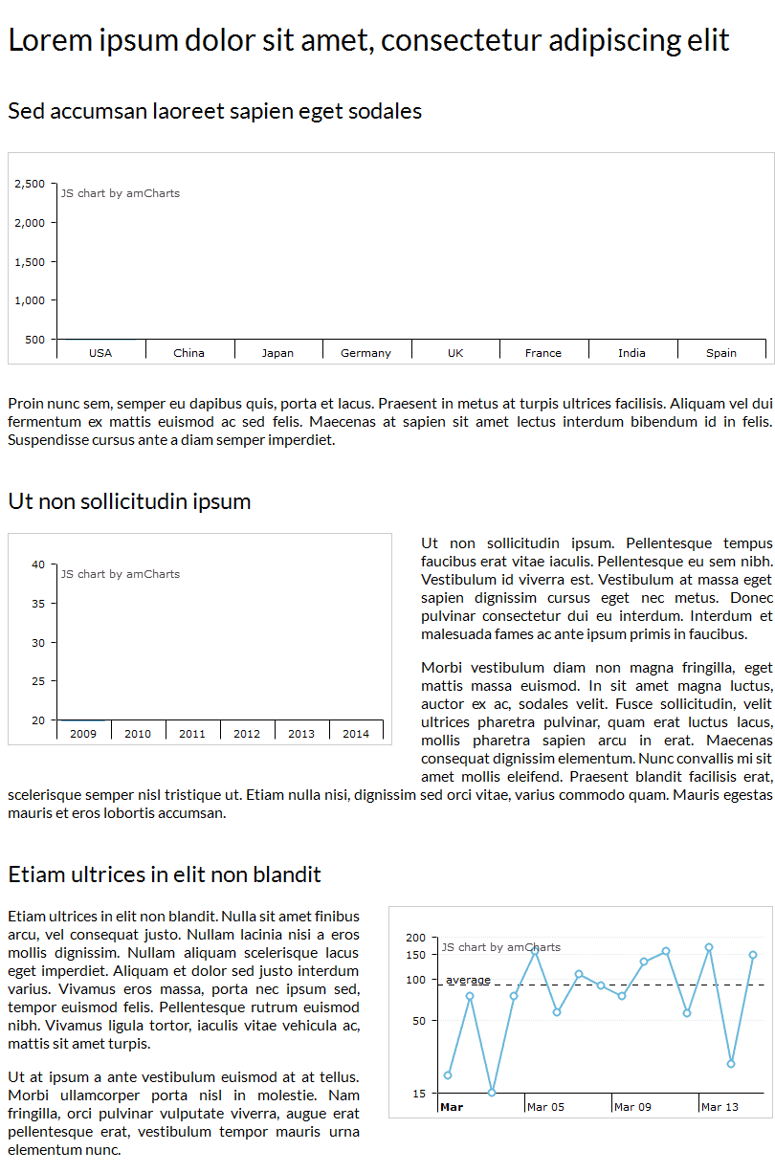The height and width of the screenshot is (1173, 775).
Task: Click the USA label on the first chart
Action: click(100, 353)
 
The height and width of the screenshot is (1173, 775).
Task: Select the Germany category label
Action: click(365, 353)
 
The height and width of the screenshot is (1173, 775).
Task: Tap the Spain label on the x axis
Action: click(721, 353)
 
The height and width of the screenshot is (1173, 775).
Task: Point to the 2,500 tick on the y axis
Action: click(30, 184)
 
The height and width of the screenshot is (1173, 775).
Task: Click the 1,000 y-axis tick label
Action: click(30, 300)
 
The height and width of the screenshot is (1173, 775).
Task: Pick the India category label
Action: click(631, 353)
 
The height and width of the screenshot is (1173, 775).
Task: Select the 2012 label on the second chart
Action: click(247, 734)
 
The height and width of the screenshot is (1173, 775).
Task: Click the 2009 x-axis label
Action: click(83, 734)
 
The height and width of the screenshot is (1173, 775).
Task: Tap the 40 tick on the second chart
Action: click(38, 564)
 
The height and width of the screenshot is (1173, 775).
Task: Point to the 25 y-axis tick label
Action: click(38, 681)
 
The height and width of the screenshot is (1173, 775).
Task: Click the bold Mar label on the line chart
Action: click(452, 1107)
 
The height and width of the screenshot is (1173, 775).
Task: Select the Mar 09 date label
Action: click(632, 1107)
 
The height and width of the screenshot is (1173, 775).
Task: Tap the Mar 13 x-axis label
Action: click(720, 1107)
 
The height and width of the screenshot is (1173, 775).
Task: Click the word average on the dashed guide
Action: click(468, 980)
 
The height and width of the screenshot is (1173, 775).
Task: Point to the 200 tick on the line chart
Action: click(415, 938)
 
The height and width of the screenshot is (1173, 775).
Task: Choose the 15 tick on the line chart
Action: click(419, 1094)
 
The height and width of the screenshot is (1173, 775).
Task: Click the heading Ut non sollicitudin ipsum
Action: click(129, 501)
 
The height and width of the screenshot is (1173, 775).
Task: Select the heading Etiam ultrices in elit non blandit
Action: click(165, 874)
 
